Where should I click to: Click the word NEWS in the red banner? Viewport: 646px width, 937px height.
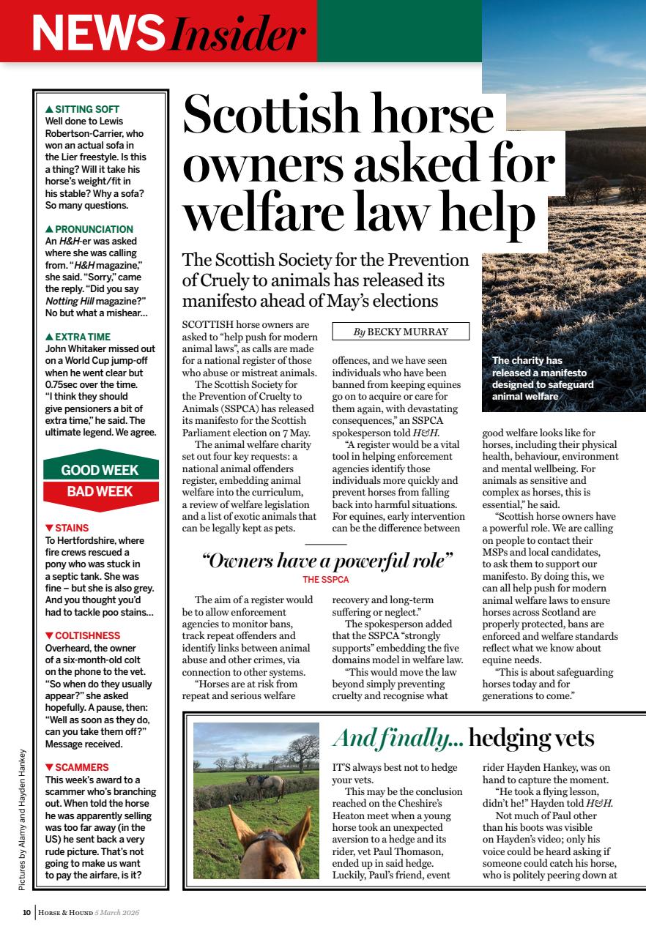click(x=98, y=34)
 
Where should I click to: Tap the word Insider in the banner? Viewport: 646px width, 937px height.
click(x=236, y=34)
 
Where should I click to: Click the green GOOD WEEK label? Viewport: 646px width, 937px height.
click(x=100, y=470)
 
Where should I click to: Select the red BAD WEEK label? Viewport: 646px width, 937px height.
click(x=100, y=491)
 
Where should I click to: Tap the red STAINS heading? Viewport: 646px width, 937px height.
click(x=71, y=528)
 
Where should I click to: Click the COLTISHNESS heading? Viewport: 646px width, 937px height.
click(x=86, y=635)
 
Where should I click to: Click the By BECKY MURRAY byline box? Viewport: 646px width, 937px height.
click(x=400, y=332)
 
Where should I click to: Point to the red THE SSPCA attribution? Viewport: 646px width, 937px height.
click(x=326, y=579)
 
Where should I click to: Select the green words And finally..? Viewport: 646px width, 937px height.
click(x=398, y=739)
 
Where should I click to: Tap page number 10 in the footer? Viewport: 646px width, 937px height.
click(x=26, y=912)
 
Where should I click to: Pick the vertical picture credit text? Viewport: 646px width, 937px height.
click(x=22, y=819)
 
